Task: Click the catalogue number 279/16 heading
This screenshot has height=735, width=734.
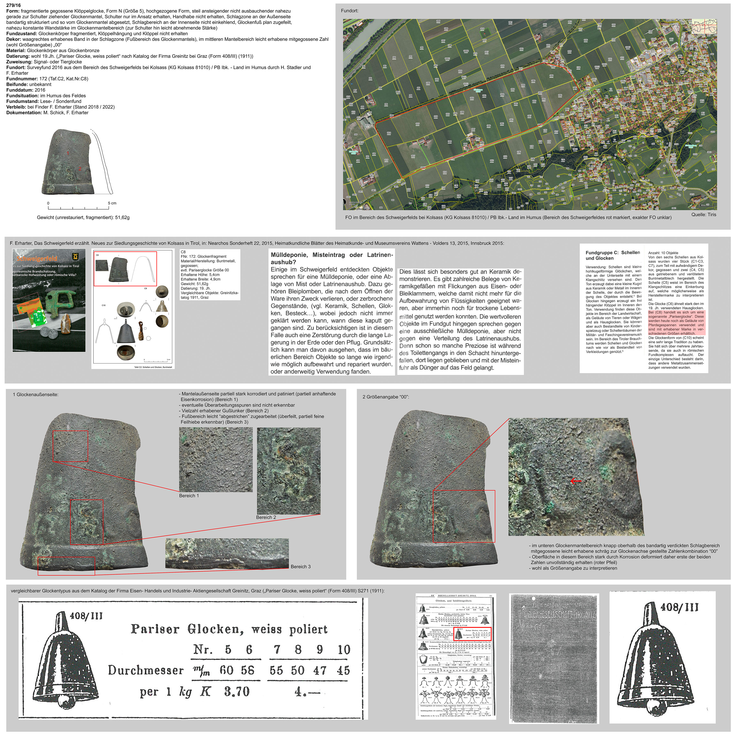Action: pos(14,5)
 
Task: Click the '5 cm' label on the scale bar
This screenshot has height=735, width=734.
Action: pos(112,203)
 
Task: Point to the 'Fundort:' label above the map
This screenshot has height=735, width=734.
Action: pos(350,11)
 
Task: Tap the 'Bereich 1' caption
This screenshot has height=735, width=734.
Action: pos(189,496)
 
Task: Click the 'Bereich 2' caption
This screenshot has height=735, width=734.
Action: pos(266,517)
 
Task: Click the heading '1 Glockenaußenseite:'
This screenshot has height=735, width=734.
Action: pos(36,394)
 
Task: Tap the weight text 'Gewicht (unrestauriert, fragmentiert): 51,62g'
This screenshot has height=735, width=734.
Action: pos(83,218)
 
